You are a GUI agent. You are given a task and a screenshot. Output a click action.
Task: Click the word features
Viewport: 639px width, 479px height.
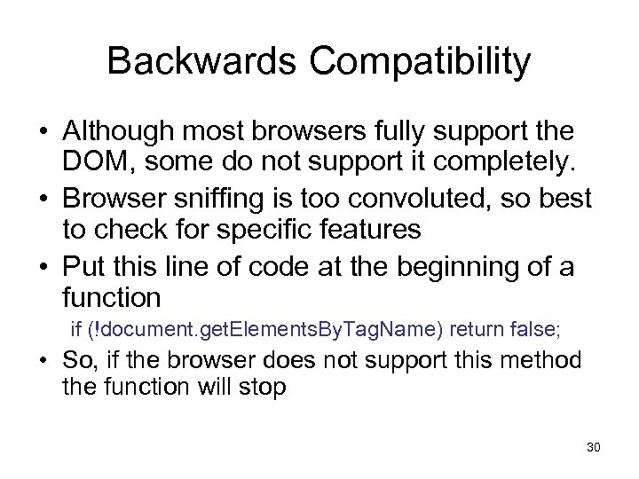[375, 230]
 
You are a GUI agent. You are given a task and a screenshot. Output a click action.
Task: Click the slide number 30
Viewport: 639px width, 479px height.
[593, 447]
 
